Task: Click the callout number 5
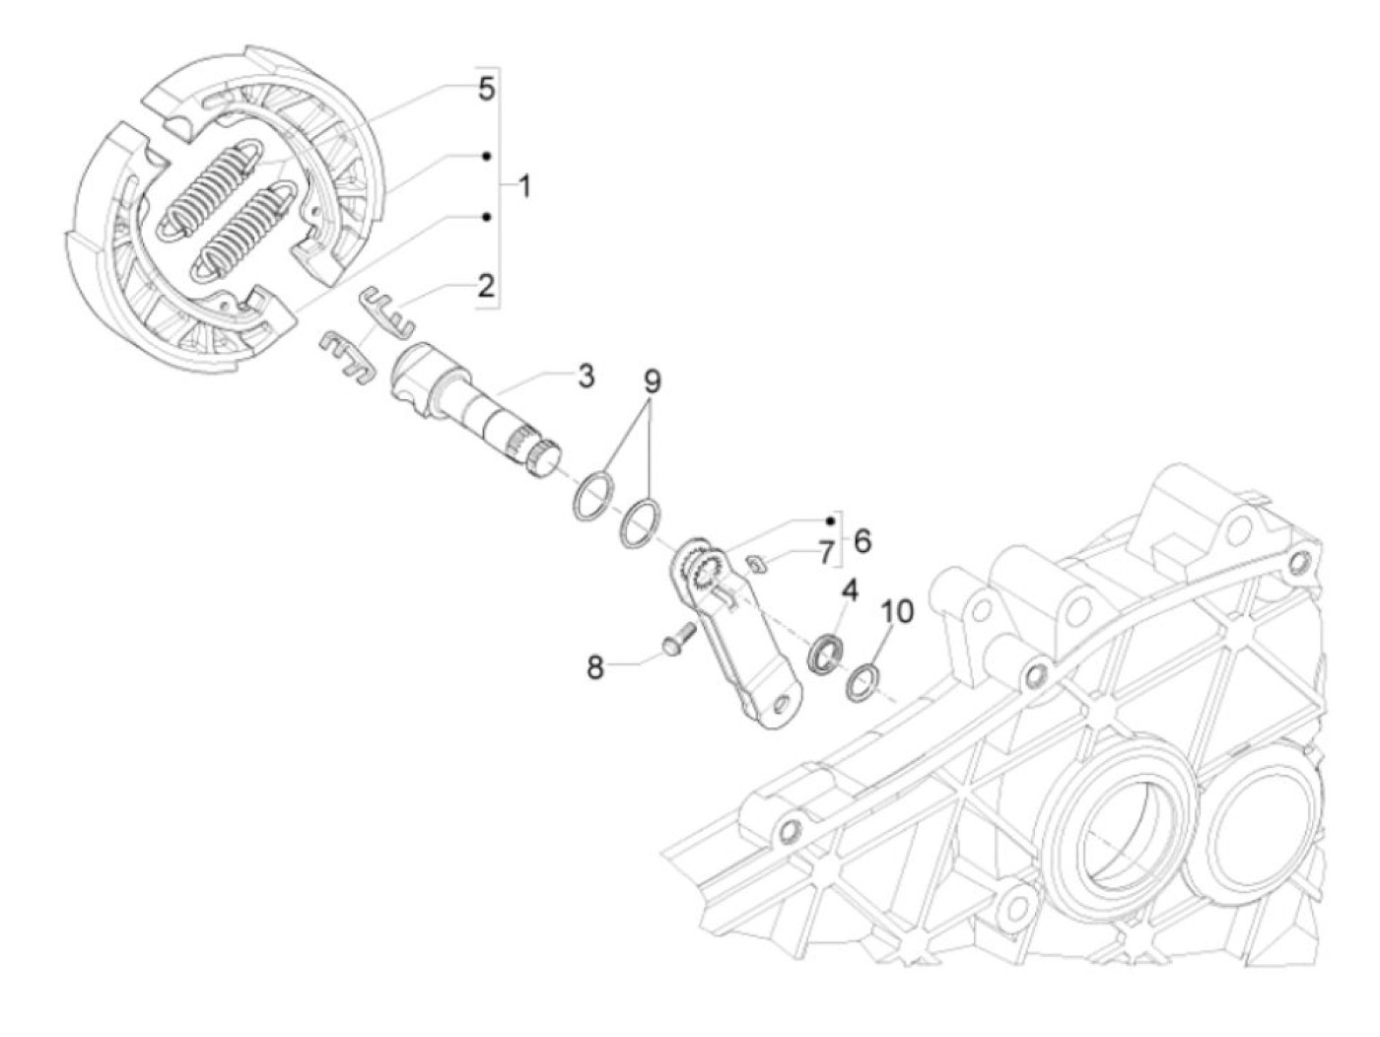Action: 485,89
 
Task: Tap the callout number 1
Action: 523,185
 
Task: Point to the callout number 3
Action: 586,376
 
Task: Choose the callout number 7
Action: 824,553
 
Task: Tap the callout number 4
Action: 849,591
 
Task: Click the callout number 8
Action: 594,667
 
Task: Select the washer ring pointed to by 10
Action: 862,680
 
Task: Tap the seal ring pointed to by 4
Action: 823,656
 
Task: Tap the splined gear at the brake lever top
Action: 704,571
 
